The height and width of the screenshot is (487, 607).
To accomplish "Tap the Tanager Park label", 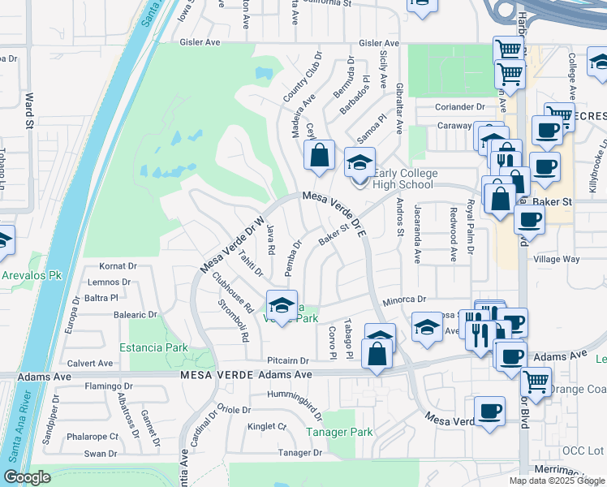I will (x=339, y=432).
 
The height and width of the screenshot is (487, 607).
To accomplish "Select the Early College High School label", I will (x=406, y=179).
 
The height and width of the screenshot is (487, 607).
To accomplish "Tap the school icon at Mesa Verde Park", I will (x=282, y=305).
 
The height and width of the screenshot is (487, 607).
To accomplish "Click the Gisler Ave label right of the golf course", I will (x=379, y=43).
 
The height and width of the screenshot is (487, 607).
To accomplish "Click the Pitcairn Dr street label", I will (x=288, y=360).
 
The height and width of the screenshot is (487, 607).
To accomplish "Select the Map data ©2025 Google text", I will (x=557, y=481).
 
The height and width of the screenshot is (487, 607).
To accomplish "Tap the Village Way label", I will (x=556, y=260).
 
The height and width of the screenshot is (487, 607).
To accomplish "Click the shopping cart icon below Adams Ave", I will (x=535, y=380).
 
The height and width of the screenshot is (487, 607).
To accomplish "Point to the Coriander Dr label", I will (x=459, y=106).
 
